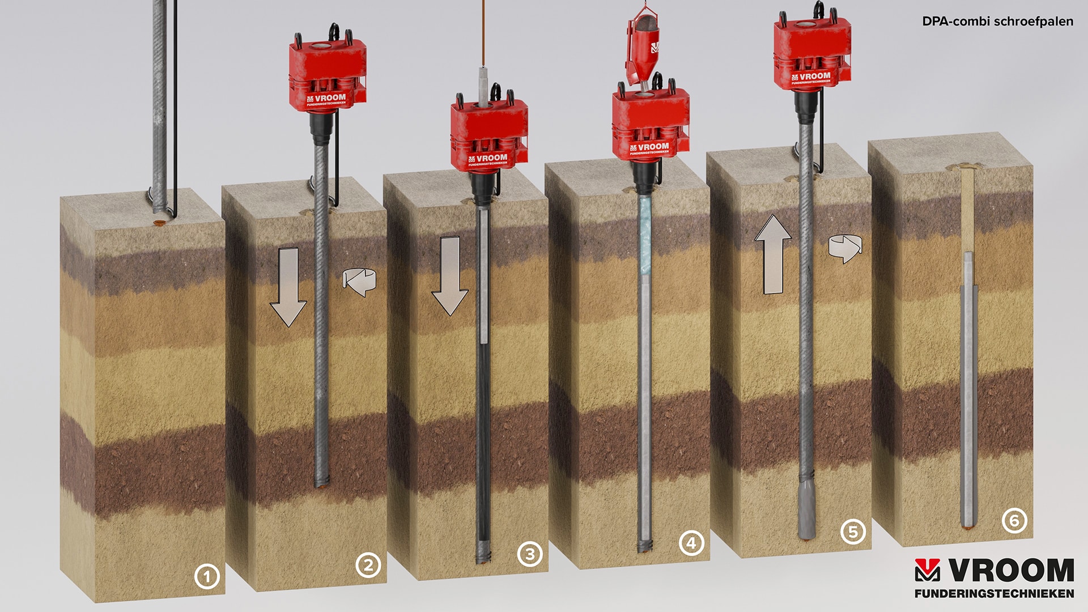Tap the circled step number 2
(368, 565)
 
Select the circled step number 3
(530, 554)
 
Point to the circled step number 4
(691, 543)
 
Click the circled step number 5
(853, 532)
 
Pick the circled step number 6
(1014, 520)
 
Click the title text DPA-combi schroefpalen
(997, 22)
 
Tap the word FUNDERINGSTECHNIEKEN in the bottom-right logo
(994, 593)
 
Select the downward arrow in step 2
(288, 287)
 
